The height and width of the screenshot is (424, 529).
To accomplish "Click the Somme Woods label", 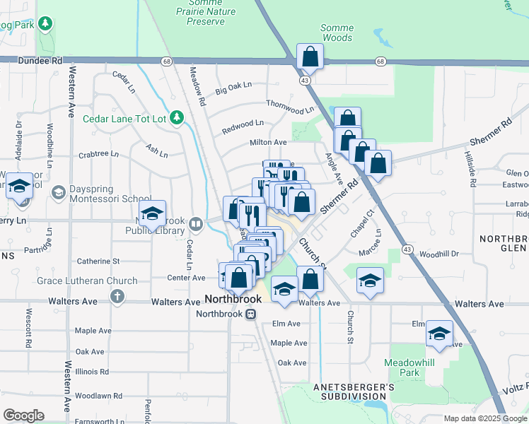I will coord(337,33).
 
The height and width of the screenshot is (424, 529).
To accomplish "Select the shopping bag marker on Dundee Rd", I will coord(310,57).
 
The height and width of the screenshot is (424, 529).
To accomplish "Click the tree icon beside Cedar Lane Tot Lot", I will coord(178,118).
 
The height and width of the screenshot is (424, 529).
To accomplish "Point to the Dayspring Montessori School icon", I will coord(59,192).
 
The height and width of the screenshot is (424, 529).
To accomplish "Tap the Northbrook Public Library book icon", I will coord(196,225).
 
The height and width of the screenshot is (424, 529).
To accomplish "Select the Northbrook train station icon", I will coord(250,314).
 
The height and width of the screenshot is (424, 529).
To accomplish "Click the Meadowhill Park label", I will coord(402,366).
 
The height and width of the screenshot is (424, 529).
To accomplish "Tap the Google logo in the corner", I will coord(23,416).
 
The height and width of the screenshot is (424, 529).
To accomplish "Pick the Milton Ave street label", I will coord(268,142).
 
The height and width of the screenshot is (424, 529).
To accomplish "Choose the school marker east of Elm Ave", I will coord(439,334).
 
